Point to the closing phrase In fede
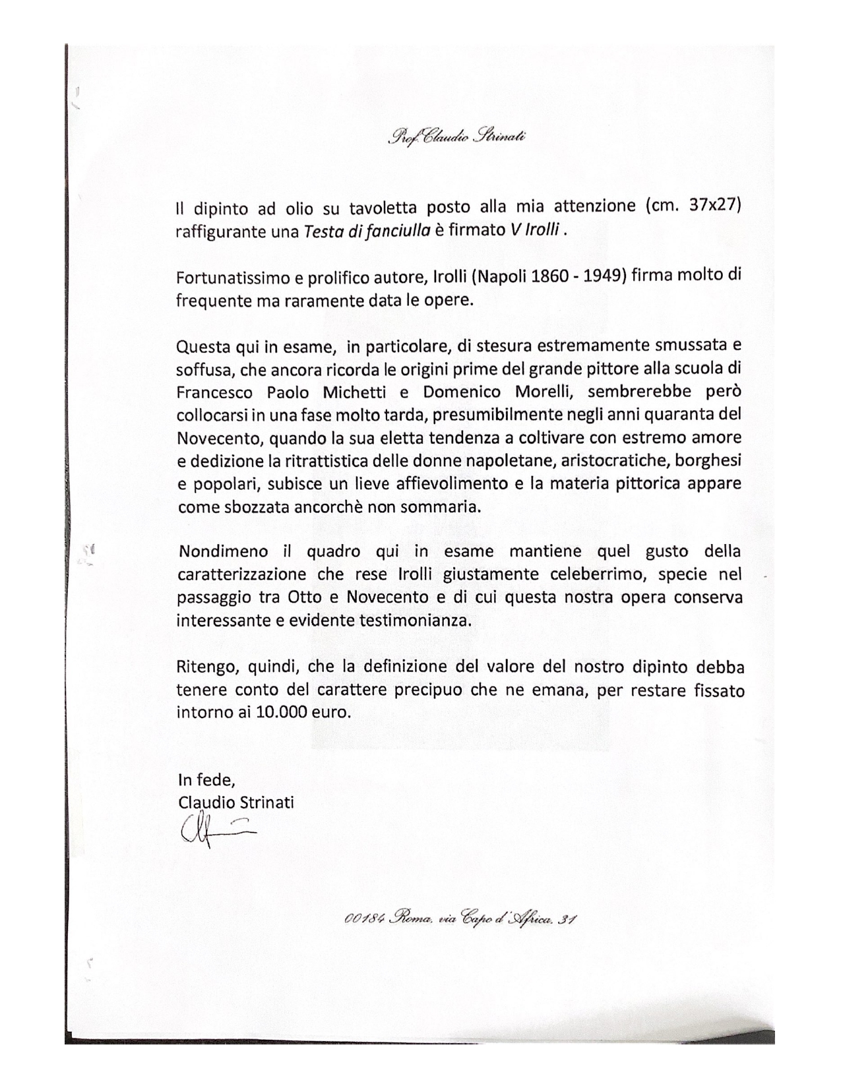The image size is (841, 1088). pos(206,780)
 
